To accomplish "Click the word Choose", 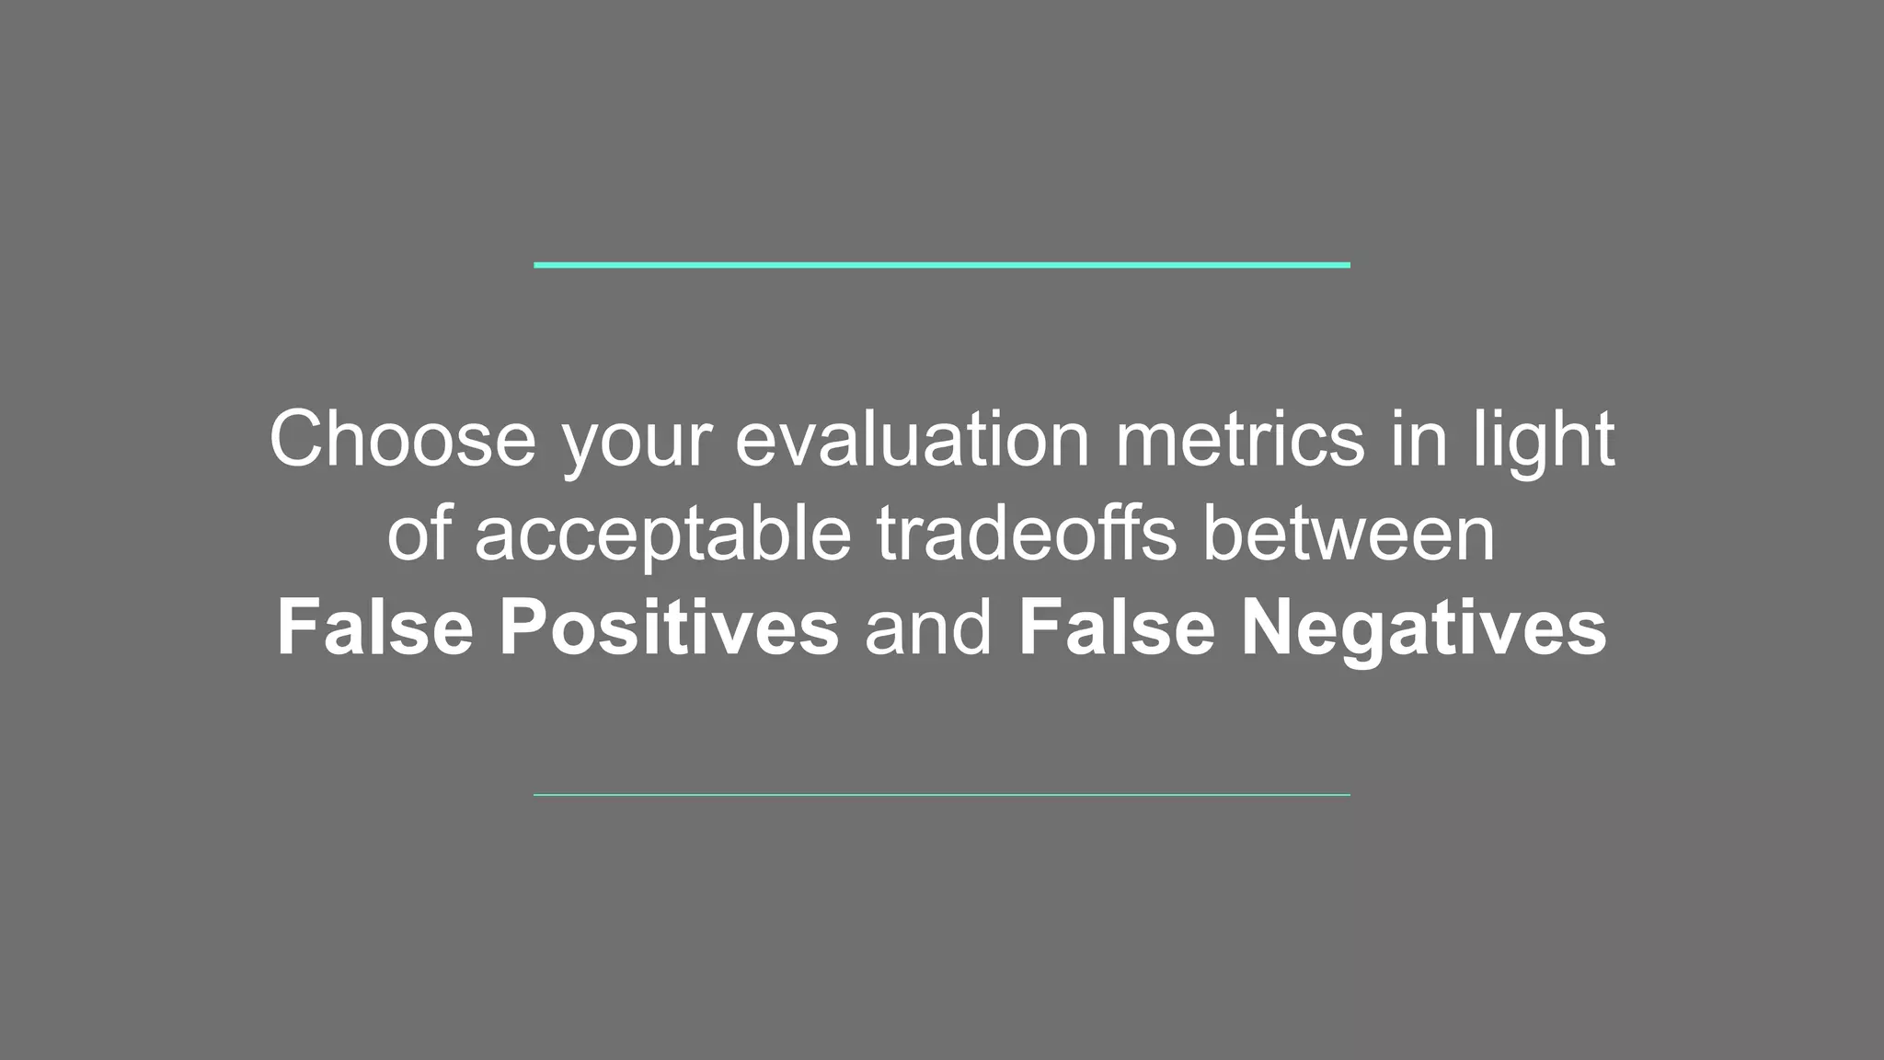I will point(402,440).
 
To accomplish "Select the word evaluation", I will point(912,440).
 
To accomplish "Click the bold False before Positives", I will point(374,628).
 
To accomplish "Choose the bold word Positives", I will point(669,628).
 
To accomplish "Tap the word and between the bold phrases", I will point(928,628).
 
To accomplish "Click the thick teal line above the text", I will point(942,265).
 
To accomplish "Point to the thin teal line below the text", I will point(942,794).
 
